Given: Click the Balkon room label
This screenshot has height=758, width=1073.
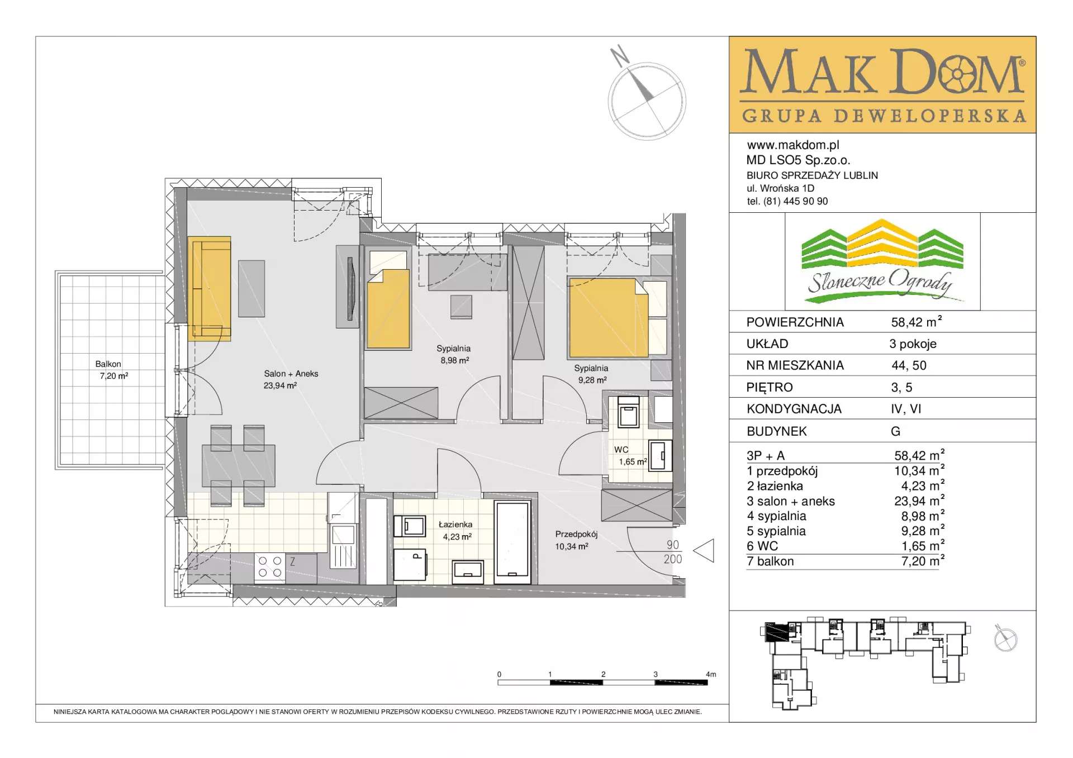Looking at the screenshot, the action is [x=108, y=364].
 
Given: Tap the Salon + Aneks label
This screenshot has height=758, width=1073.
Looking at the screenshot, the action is [x=291, y=374].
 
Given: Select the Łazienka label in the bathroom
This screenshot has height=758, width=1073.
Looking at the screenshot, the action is [x=455, y=525].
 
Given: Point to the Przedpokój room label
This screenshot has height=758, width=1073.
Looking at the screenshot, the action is [x=576, y=535].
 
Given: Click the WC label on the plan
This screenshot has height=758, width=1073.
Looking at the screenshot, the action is [x=621, y=450].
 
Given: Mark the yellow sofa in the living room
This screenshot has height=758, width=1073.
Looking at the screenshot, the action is [x=209, y=288].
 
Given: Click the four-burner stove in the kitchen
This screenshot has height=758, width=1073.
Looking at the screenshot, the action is [x=269, y=567].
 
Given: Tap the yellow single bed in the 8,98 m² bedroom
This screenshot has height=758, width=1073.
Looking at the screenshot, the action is [x=388, y=309].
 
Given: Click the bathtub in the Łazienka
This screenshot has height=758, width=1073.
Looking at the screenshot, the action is [x=512, y=542].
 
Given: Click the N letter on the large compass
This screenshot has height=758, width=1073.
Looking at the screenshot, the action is [x=619, y=55].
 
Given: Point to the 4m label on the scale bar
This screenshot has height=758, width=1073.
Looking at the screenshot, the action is [x=711, y=674].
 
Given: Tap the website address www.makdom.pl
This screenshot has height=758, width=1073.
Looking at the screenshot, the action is [x=793, y=145].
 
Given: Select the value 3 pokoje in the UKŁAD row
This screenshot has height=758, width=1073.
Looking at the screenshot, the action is [x=913, y=344].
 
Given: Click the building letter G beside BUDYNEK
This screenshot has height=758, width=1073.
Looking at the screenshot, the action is [x=895, y=431].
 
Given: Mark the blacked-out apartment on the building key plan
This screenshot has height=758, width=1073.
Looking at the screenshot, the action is [x=776, y=632].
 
